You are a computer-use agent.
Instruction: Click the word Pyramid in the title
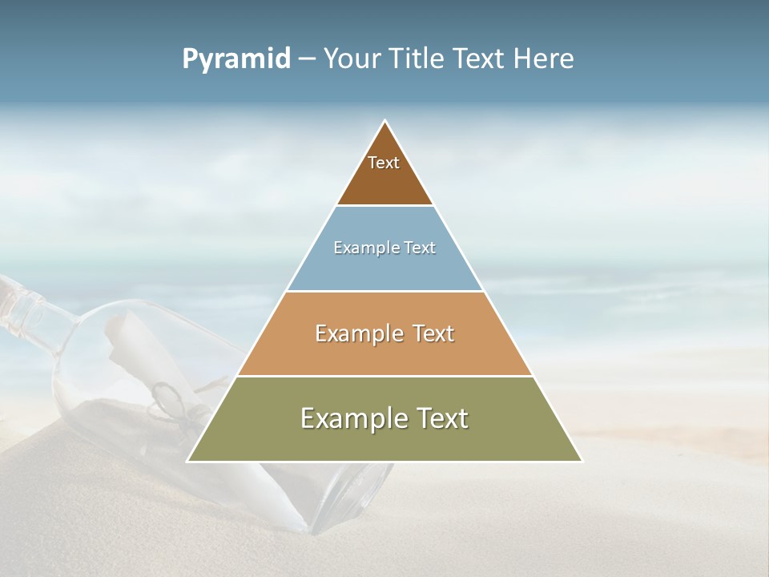236,59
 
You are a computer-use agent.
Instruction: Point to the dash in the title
306,59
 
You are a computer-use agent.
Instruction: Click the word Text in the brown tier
384,163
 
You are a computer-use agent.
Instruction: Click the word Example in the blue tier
363,248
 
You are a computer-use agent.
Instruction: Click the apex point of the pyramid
384,122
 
